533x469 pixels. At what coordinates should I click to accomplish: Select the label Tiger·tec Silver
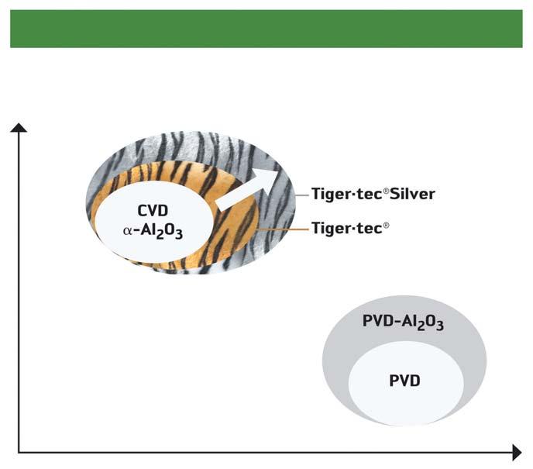[x=373, y=194]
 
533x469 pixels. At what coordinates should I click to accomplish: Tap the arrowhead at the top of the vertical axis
[x=19, y=127]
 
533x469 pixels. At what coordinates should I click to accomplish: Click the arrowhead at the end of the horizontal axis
[x=516, y=450]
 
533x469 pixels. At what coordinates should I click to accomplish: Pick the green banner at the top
[x=266, y=29]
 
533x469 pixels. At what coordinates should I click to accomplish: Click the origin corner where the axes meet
[x=19, y=450]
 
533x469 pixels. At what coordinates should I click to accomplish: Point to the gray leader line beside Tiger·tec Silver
[x=301, y=195]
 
